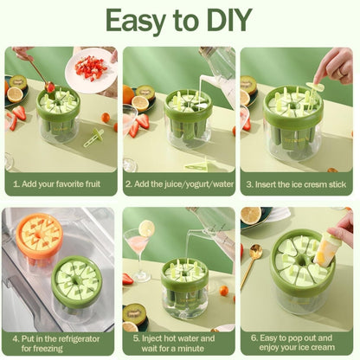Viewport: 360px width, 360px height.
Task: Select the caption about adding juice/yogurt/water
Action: [179, 184]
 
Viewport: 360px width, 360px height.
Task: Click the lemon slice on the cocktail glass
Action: [147, 229]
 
